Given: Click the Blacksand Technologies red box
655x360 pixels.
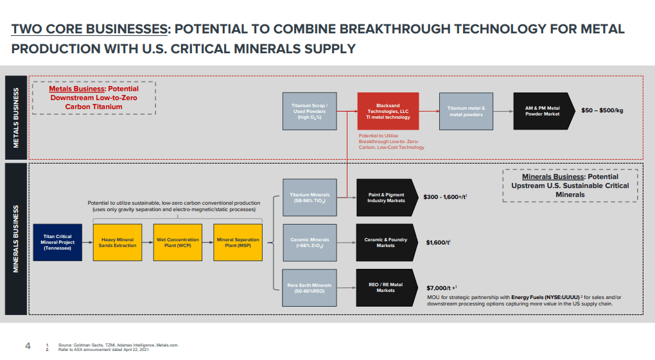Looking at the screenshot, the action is tap(388, 112).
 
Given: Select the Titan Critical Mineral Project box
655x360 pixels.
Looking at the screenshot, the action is tap(58, 242).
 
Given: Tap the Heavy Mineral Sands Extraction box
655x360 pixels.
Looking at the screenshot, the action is tap(118, 242).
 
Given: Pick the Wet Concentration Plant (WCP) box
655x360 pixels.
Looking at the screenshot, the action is tap(178, 242).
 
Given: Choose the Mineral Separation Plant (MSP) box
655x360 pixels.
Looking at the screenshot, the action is tap(238, 242).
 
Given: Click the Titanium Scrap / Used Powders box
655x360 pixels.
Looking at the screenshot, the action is tap(310, 112).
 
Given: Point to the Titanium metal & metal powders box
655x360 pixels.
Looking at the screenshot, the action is tap(466, 112).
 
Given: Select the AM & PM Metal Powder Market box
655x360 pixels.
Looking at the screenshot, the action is tap(542, 112).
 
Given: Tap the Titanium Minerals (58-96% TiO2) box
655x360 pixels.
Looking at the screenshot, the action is tap(310, 198).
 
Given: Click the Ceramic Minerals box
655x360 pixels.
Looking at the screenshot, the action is tap(310, 243).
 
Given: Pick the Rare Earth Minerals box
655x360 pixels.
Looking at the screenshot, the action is tap(310, 288).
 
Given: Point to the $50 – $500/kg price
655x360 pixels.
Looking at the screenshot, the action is tap(602, 110).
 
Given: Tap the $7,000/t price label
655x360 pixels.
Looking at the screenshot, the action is tap(442, 287).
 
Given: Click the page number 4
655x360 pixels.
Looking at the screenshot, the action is tap(28, 347).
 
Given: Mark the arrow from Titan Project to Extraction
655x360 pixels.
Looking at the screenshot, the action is tap(88, 242).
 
